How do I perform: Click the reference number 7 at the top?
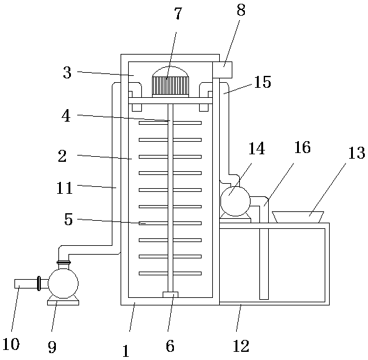pyautogui.click(x=178, y=13)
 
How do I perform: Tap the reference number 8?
pyautogui.click(x=241, y=10)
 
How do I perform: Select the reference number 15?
pyautogui.click(x=262, y=82)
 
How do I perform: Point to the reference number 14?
pyautogui.click(x=257, y=149)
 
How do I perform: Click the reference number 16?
pyautogui.click(x=303, y=147)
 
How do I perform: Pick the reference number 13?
pyautogui.click(x=357, y=153)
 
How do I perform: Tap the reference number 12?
pyautogui.click(x=241, y=346)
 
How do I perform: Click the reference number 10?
pyautogui.click(x=11, y=344)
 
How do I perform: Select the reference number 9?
pyautogui.click(x=52, y=347)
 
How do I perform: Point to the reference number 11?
pyautogui.click(x=65, y=188)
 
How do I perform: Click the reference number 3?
pyautogui.click(x=67, y=72)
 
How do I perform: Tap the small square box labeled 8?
pyautogui.click(x=222, y=70)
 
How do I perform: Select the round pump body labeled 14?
pyautogui.click(x=235, y=201)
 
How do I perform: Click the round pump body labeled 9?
pyautogui.click(x=63, y=283)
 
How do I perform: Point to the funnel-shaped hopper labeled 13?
pyautogui.click(x=298, y=217)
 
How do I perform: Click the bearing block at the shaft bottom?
pyautogui.click(x=170, y=295)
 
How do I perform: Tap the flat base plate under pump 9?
pyautogui.click(x=63, y=303)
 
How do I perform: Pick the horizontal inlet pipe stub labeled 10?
pyautogui.click(x=26, y=283)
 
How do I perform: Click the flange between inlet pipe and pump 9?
pyautogui.click(x=39, y=283)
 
